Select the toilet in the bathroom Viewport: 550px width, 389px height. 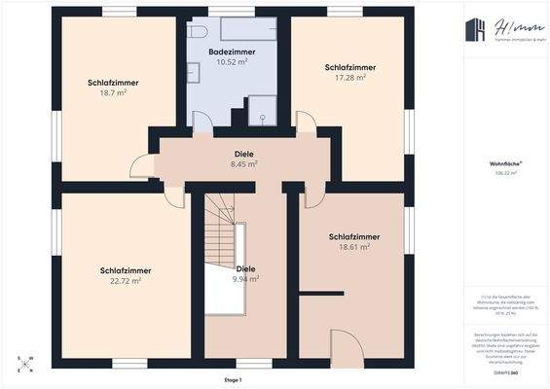click(196, 31)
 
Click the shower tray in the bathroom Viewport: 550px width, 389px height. click(263, 111)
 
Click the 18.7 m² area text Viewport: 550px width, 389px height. click(112, 94)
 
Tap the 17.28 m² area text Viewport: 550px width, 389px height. click(349, 78)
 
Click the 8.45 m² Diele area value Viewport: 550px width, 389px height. click(244, 164)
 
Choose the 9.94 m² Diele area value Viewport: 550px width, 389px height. click(245, 278)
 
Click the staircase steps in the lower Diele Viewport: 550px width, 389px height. click(221, 233)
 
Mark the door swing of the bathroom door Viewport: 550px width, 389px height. click(202, 123)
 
